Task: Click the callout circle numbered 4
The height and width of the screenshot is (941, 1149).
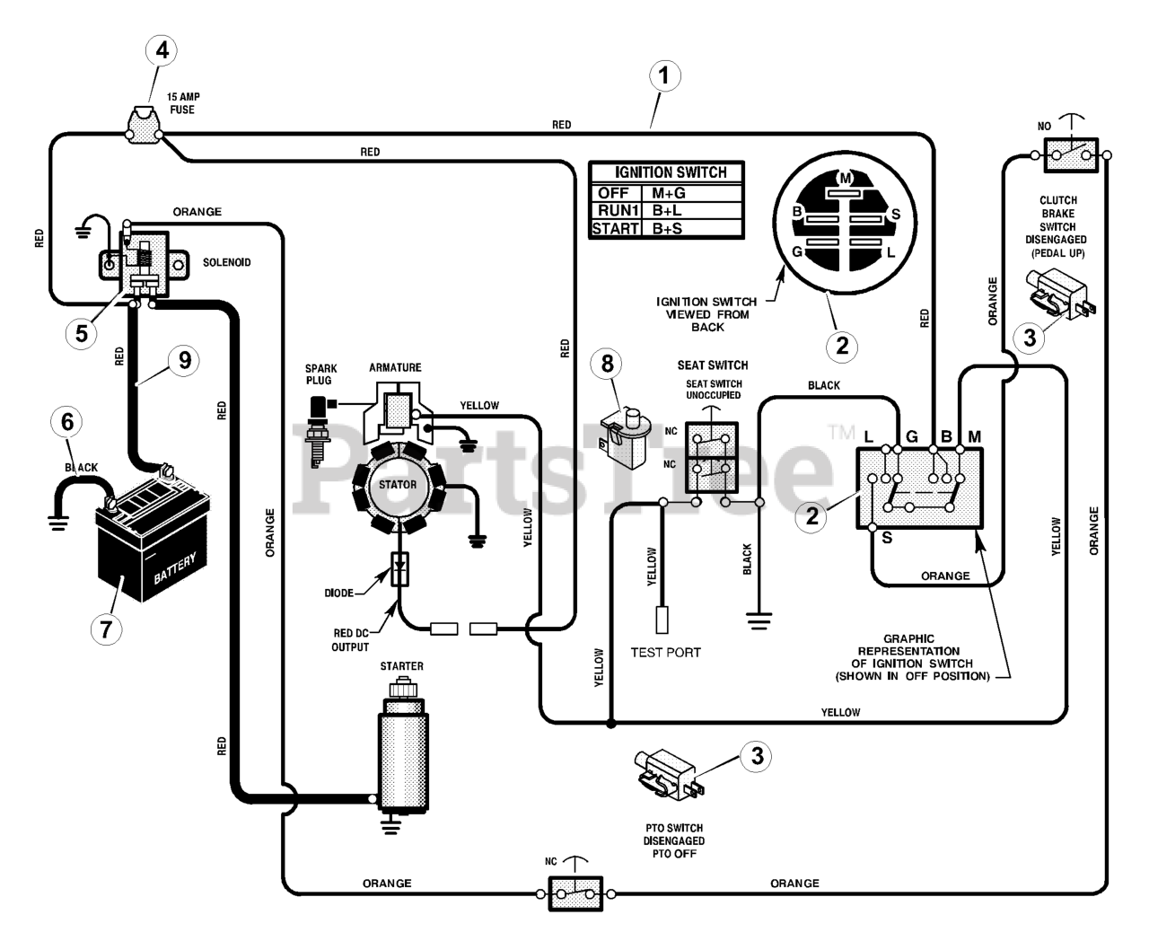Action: tap(162, 50)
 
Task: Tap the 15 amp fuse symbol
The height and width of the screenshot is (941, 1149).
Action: tap(144, 125)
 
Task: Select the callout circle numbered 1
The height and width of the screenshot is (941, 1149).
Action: tap(664, 75)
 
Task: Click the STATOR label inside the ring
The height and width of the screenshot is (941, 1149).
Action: tap(398, 484)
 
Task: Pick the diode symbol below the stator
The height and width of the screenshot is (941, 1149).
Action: tap(399, 569)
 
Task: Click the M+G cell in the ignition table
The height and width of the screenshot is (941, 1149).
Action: tap(669, 193)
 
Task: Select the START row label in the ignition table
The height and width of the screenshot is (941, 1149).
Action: tap(615, 228)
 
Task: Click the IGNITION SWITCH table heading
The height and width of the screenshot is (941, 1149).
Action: tap(671, 172)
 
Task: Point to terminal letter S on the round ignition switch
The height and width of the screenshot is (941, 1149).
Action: tap(895, 214)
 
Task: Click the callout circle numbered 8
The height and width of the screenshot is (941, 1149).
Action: tap(608, 364)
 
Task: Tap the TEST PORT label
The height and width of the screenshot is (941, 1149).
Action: tap(665, 652)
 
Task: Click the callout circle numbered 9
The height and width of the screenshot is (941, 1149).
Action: tap(185, 360)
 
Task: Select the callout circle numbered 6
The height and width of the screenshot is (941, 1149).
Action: tap(67, 421)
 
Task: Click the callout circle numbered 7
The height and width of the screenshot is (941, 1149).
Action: tap(106, 629)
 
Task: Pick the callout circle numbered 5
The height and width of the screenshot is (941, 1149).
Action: tap(81, 333)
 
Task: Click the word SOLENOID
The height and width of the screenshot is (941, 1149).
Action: tap(226, 262)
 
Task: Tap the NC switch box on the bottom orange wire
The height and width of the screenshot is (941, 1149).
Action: tap(575, 894)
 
